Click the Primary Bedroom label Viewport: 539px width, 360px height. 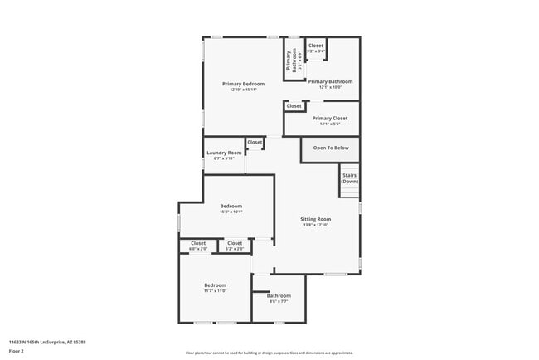click(243, 85)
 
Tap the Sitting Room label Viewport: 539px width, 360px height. click(315, 219)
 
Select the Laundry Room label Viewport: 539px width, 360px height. click(224, 153)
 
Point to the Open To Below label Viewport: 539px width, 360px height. click(331, 148)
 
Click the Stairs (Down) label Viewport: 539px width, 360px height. click(349, 178)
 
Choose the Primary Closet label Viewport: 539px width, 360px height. click(330, 119)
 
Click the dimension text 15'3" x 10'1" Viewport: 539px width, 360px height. click(231, 212)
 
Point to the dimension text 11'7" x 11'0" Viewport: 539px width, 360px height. click(216, 291)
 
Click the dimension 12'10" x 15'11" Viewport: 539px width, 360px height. click(243, 90)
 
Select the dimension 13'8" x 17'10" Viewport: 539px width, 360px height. click(315, 225)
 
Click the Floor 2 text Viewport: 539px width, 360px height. click(17, 351)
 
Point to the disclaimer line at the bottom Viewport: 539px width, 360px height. click(269, 353)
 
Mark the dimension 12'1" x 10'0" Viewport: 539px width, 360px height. click(330, 86)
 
